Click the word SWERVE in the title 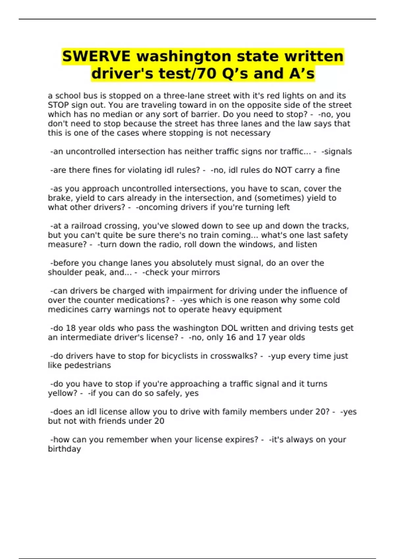pos(96,56)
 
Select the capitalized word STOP pos(58,105)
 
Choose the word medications pos(146,300)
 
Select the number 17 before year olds pos(260,337)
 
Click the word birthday pos(64,449)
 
